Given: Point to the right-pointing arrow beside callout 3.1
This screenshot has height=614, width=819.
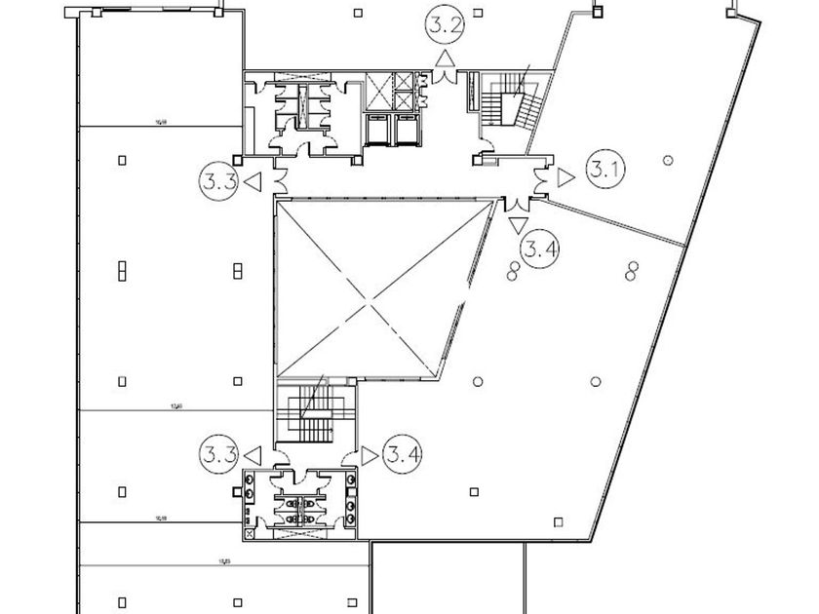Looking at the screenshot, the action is (565, 176).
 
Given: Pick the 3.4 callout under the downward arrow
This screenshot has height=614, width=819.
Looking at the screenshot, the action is (539, 249).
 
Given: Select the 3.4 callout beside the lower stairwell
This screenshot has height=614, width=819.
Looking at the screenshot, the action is (403, 454).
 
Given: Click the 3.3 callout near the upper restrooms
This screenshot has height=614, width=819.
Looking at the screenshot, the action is (218, 180).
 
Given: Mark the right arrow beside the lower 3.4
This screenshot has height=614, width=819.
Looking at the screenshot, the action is (370, 454).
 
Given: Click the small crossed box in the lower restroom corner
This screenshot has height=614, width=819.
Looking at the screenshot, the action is (251, 532).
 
